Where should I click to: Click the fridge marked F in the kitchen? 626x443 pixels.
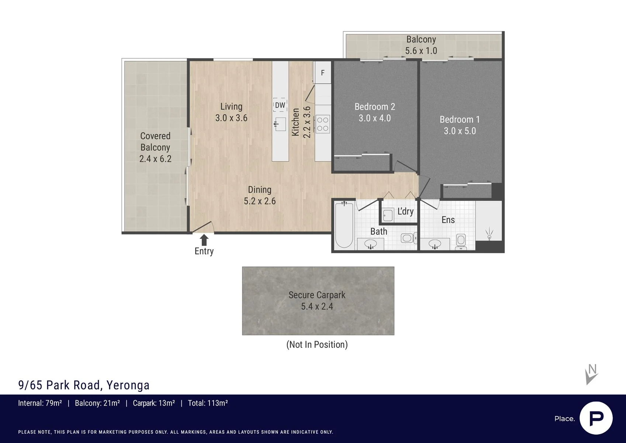322,72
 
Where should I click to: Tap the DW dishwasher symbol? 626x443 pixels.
280,105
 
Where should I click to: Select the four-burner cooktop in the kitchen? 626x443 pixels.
323,124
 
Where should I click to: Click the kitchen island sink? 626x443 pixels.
280,124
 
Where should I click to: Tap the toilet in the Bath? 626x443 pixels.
409,238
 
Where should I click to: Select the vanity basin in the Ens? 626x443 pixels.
435,244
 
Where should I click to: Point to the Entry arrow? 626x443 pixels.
204,240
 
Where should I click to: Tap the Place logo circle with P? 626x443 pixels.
596,418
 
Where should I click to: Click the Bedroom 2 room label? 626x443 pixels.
375,107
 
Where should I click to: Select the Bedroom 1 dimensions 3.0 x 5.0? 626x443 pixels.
460,131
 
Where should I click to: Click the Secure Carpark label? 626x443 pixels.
317,295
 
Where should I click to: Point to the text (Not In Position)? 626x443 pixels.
317,344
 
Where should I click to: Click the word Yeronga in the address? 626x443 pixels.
128,385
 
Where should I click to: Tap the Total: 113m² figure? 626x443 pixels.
208,403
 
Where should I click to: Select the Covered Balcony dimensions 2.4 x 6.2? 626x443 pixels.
155,159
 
